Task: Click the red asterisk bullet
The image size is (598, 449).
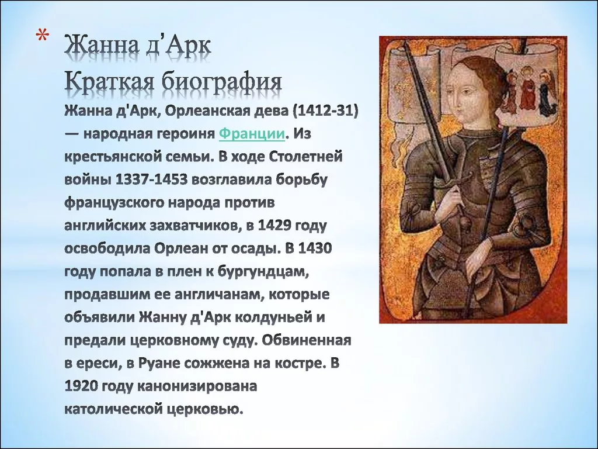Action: (x=42, y=37)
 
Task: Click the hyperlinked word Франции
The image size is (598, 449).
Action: (x=252, y=134)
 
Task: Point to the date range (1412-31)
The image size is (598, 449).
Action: (x=326, y=111)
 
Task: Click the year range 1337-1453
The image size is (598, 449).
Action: (x=152, y=179)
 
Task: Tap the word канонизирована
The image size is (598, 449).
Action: (x=197, y=386)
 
